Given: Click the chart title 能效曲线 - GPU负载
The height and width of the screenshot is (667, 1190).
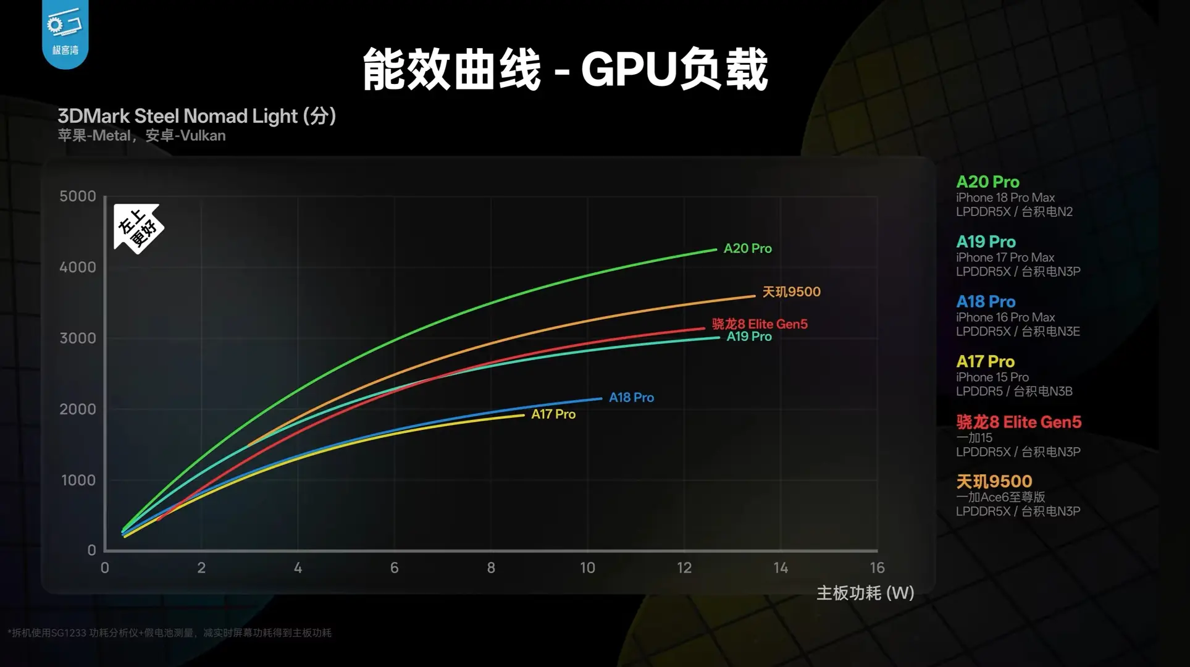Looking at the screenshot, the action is coord(564,69).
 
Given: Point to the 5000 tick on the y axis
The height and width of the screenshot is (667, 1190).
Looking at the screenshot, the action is coord(78,196).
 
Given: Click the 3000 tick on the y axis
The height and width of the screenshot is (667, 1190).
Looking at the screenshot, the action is coord(78,338).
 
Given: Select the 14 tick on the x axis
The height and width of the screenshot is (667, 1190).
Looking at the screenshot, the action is coord(781,568).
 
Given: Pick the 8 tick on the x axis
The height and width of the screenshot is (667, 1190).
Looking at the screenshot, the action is coord(491,568).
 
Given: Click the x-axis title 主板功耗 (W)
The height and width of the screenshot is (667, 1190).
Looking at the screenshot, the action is coord(865,593).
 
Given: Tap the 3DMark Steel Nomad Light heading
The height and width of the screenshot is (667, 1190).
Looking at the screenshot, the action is coord(196,116).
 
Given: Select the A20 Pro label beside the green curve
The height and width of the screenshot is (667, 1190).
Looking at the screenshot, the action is coord(748,248).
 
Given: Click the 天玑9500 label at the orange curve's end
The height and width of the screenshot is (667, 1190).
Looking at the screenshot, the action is coord(791,292).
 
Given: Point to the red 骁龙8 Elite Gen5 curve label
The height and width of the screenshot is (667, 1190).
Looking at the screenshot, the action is coord(760,324).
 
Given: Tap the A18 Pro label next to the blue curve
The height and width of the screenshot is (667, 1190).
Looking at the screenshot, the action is coord(631,398).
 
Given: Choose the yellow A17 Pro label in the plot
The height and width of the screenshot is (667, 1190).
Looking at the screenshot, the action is coord(553,414).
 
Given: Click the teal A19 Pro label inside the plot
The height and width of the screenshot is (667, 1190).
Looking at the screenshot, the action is coord(749,337).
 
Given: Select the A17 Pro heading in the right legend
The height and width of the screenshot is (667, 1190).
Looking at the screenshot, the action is coord(985,361).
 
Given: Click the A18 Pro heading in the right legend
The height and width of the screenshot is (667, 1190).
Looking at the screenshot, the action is coord(986,301).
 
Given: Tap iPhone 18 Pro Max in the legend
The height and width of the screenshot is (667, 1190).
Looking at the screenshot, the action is coord(1005,198).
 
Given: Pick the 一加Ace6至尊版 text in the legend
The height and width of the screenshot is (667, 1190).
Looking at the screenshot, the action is coord(1000,497).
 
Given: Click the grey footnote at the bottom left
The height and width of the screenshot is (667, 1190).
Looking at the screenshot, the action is coord(170,632).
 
